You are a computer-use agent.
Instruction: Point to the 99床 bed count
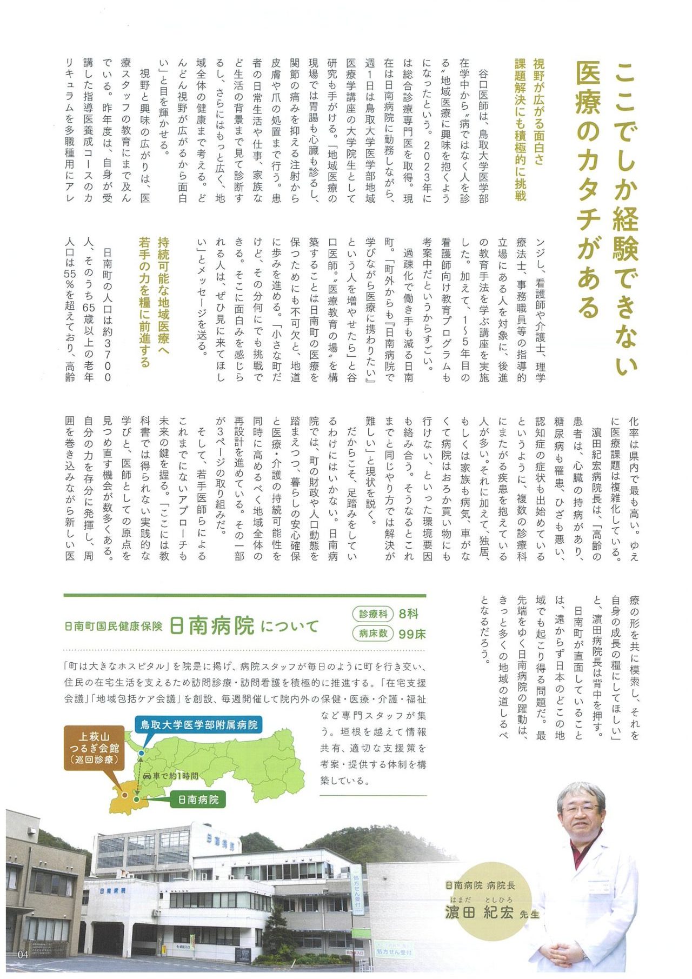coord(412,634)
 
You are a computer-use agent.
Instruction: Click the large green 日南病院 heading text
coord(211,626)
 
